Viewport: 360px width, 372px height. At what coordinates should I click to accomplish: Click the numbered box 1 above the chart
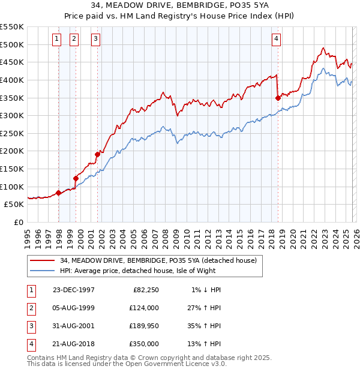(x=56, y=40)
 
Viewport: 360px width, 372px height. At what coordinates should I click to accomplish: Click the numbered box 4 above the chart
(x=276, y=40)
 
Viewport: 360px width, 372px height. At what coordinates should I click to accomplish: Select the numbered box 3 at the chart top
(x=95, y=40)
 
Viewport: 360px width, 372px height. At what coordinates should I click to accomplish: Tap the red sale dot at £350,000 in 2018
(x=278, y=98)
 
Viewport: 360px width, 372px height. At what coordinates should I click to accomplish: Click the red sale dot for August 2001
(x=97, y=154)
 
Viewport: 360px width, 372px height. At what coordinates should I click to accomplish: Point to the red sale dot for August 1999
(x=76, y=178)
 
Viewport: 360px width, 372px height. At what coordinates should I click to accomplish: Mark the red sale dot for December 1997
(x=59, y=193)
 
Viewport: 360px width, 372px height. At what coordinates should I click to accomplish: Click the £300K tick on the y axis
(x=12, y=115)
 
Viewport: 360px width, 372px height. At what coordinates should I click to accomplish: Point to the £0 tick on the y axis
(x=19, y=222)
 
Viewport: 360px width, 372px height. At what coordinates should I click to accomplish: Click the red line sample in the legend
(x=42, y=260)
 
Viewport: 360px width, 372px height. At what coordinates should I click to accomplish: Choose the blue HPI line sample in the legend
(x=42, y=271)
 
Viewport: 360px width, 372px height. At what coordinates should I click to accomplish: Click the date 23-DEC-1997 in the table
(x=73, y=290)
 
